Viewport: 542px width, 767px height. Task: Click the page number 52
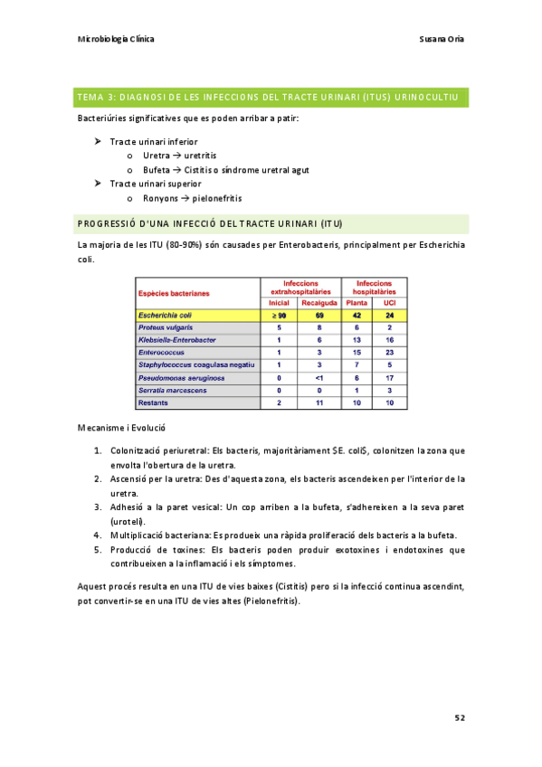pos(460,717)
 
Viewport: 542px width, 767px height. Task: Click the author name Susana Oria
pos(443,39)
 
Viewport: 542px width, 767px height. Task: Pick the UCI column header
pos(389,302)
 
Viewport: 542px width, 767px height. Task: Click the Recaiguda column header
pos(319,302)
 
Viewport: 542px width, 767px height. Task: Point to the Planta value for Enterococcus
pos(357,352)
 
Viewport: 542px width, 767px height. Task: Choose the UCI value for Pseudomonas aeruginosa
pos(389,377)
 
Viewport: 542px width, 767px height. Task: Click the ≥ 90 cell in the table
pos(280,315)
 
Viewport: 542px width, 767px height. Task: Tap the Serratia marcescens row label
pos(172,390)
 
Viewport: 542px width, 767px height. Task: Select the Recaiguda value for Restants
pos(319,402)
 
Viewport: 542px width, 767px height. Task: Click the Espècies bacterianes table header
pos(174,293)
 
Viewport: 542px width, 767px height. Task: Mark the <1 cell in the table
pos(319,377)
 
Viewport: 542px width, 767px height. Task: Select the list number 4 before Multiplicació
pos(97,535)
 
